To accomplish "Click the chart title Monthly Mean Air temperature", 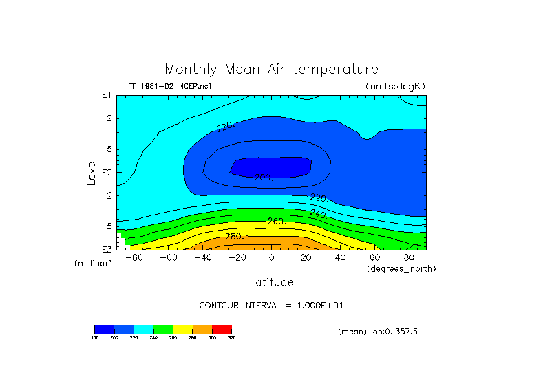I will pos(271,70).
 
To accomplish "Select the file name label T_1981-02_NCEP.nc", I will pos(169,86).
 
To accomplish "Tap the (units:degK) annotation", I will pos(395,86).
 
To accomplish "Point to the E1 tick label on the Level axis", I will pos(107,95).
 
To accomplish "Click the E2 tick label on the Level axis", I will pos(107,172).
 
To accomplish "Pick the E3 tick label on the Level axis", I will pos(107,248).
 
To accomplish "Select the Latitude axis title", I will pos(271,282).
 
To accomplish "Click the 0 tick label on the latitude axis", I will pos(271,258).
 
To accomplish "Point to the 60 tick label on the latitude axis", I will pos(374,258).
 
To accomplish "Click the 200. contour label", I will pos(264,178).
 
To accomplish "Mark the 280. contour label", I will pos(235,237).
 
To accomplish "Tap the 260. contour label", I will pos(276,221).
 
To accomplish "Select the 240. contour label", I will pos(318,214).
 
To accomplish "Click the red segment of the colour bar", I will pos(222,329).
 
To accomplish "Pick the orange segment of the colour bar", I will pos(202,329).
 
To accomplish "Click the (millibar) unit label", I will pos(93,264).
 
